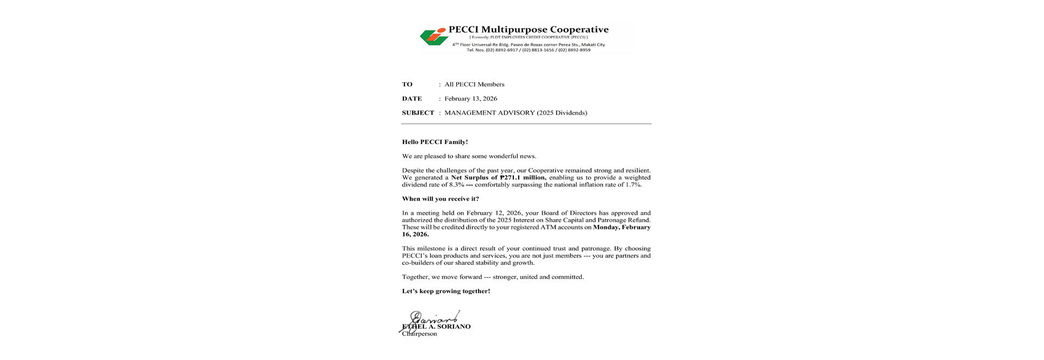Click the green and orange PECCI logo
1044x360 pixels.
tap(433, 36)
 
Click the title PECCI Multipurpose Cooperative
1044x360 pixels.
tap(528, 29)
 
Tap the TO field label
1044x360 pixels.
tap(407, 84)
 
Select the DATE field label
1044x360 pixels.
tap(412, 98)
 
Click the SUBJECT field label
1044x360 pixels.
tap(418, 113)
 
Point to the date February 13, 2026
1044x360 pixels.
tap(470, 98)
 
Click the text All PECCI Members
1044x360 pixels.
tap(474, 84)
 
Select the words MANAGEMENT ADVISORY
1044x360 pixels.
tap(489, 113)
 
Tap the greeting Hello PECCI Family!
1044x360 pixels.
tap(434, 142)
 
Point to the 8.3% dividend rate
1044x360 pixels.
tap(456, 185)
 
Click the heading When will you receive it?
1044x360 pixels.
tap(440, 199)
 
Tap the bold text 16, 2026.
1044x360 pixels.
tap(415, 234)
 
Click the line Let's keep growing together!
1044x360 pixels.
tap(446, 291)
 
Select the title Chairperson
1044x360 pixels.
tap(419, 334)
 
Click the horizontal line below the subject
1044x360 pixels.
tap(526, 124)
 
